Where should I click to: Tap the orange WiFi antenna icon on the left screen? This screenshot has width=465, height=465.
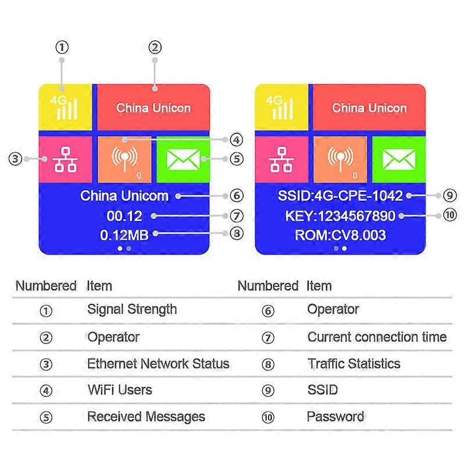pos(125,159)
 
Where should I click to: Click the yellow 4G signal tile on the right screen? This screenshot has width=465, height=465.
pos(282,108)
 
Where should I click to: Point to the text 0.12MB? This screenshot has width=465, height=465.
pos(124,235)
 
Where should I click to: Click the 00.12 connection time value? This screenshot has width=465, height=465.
pos(124,216)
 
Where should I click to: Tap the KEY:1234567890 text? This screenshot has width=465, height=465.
pos(340,216)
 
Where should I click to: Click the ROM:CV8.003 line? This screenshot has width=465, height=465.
pos(340,235)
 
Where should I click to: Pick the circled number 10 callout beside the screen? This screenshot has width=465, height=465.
pos(450,216)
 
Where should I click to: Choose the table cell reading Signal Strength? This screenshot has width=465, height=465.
pos(132,309)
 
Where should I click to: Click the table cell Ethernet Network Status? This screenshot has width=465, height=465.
pos(158,364)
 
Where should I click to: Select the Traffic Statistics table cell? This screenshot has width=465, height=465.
pos(353,364)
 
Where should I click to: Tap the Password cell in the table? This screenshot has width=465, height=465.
pos(335,417)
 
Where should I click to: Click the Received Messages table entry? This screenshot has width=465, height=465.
pos(146,417)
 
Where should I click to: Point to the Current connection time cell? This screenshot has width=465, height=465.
pos(377,337)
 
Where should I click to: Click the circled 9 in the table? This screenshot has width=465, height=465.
pos(267,391)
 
